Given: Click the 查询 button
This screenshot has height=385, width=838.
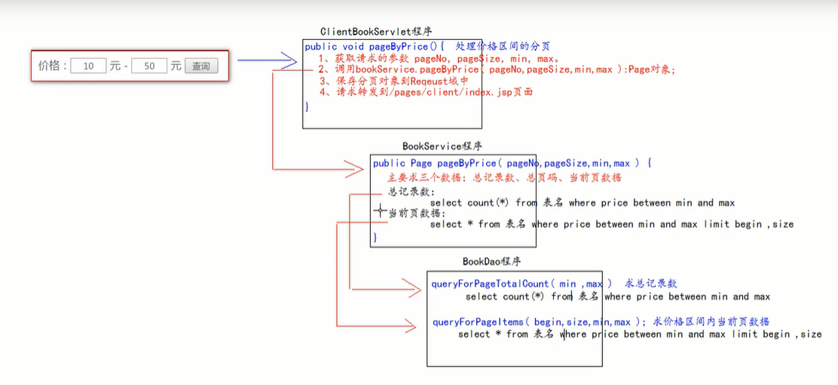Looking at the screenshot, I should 200,66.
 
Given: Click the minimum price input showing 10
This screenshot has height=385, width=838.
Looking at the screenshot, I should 90,66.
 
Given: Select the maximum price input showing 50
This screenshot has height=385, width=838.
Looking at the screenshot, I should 149,66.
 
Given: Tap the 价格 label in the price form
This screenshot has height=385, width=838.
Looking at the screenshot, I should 52,66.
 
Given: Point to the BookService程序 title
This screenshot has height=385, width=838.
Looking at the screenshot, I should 442,146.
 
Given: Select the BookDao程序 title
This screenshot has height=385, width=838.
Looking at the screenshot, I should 491,262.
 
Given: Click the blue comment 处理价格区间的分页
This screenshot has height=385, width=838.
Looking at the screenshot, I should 503,47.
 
